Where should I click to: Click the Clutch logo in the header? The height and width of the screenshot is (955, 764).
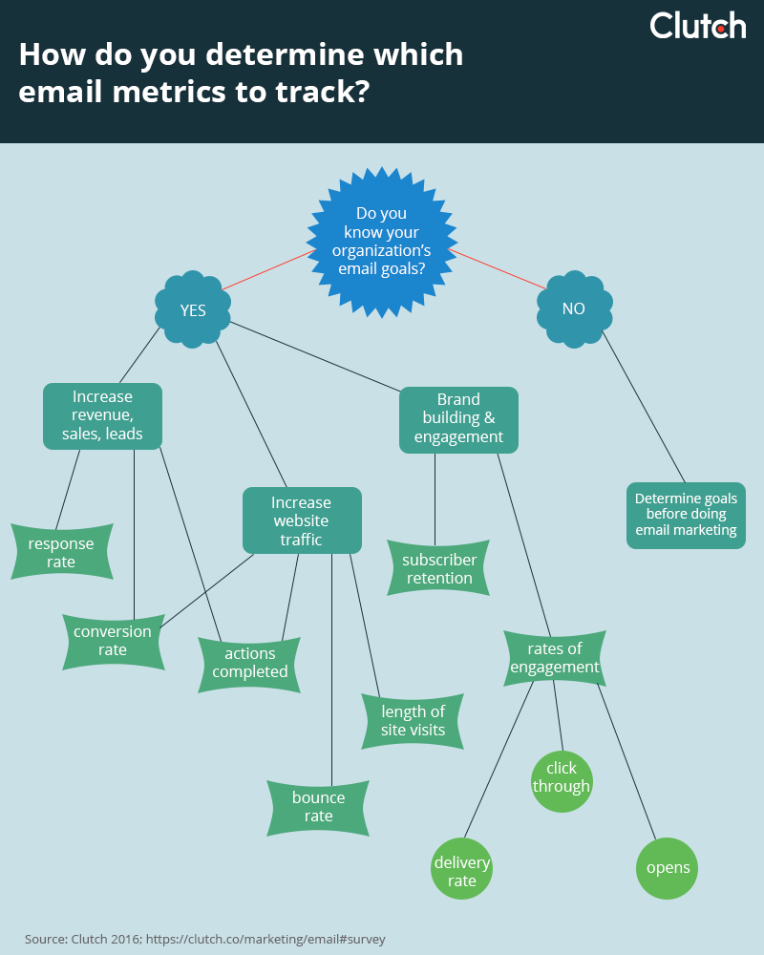pyautogui.click(x=697, y=25)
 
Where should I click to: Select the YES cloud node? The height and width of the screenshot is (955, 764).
pyautogui.click(x=193, y=310)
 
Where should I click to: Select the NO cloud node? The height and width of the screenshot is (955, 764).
pyautogui.click(x=574, y=309)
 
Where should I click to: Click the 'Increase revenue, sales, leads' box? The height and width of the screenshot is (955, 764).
pyautogui.click(x=102, y=415)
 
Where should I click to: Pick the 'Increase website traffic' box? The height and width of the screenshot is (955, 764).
pyautogui.click(x=302, y=520)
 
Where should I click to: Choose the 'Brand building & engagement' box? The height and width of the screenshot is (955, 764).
pyautogui.click(x=458, y=419)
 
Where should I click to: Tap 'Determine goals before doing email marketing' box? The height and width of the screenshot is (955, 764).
pyautogui.click(x=686, y=515)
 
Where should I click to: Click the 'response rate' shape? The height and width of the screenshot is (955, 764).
pyautogui.click(x=61, y=552)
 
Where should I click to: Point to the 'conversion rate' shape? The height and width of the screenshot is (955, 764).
pyautogui.click(x=113, y=641)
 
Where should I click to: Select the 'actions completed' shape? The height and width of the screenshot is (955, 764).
pyautogui.click(x=250, y=662)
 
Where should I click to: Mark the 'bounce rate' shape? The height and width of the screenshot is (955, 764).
pyautogui.click(x=318, y=807)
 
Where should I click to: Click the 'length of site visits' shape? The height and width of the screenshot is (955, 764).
pyautogui.click(x=413, y=720)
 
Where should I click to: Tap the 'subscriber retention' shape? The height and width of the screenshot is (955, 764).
pyautogui.click(x=439, y=568)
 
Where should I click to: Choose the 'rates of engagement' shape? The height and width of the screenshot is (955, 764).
pyautogui.click(x=555, y=658)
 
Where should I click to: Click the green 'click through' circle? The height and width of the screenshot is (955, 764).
pyautogui.click(x=562, y=777)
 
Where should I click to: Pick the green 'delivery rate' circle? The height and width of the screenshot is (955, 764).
pyautogui.click(x=462, y=871)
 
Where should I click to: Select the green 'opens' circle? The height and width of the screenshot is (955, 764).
pyautogui.click(x=668, y=868)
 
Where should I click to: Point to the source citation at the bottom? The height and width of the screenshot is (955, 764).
pyautogui.click(x=204, y=939)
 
